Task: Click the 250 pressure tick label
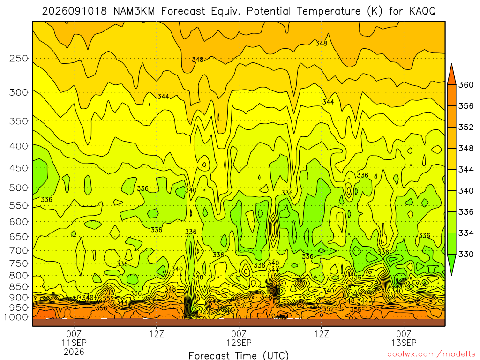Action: click(x=18, y=58)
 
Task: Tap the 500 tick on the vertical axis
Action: click(x=18, y=187)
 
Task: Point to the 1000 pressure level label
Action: click(x=15, y=317)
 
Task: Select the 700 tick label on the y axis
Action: click(x=18, y=250)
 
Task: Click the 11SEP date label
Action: click(x=74, y=343)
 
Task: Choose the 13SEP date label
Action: click(x=404, y=343)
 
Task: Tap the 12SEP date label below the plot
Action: click(x=239, y=343)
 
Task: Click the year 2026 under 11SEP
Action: click(x=74, y=352)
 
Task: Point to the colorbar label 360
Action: click(x=466, y=85)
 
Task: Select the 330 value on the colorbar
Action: click(x=466, y=255)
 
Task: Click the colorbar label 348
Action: click(x=466, y=149)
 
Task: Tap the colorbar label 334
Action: click(x=466, y=233)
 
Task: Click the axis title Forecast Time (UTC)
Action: click(x=239, y=355)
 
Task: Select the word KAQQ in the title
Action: click(x=422, y=11)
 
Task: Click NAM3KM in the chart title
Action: click(x=134, y=11)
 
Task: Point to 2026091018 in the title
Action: click(x=75, y=11)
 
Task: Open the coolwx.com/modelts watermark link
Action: click(x=431, y=354)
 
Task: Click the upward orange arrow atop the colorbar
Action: click(x=451, y=75)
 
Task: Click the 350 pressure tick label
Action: click(x=18, y=121)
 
